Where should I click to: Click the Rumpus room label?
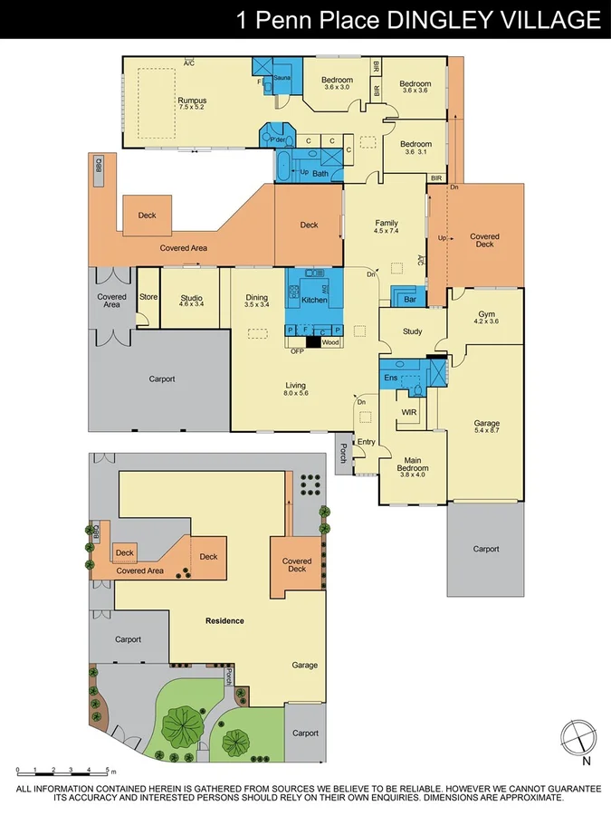(x=192, y=101)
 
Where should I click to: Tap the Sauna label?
(x=281, y=79)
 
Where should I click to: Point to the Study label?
(x=412, y=331)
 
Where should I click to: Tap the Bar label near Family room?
(x=409, y=298)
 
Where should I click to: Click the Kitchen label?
(x=313, y=299)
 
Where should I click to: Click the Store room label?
(x=148, y=297)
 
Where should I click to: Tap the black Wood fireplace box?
(x=313, y=342)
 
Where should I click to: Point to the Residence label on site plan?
(x=224, y=620)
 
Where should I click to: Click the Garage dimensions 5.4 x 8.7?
(x=487, y=431)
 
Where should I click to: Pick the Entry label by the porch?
(x=366, y=442)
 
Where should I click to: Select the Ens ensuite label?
(x=391, y=377)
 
